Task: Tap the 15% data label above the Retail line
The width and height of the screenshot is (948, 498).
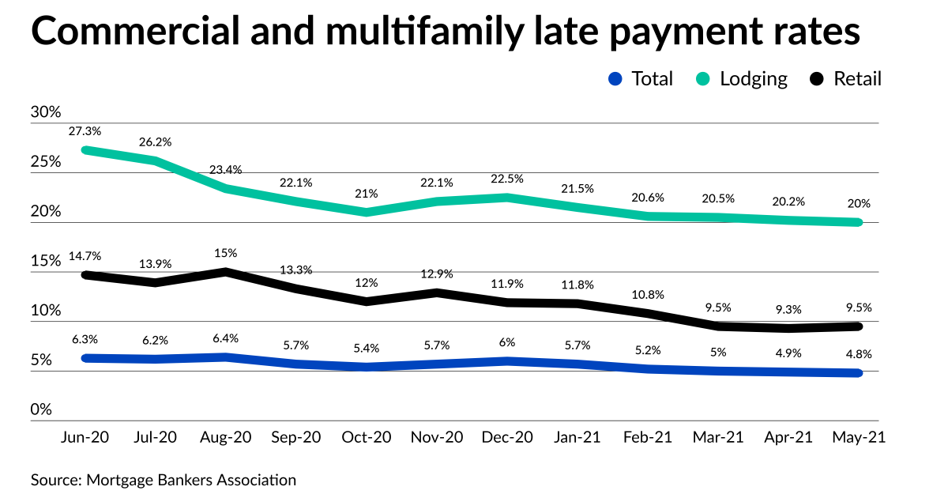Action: point(227,253)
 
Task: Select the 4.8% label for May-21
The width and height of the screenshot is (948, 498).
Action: point(858,354)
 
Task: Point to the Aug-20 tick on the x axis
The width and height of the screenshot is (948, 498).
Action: point(227,438)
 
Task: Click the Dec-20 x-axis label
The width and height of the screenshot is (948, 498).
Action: point(507,438)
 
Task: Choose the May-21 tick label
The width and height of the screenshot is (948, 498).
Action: point(858,438)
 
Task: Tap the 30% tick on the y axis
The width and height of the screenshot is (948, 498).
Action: point(46,112)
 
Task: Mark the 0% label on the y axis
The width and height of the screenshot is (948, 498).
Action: point(41,409)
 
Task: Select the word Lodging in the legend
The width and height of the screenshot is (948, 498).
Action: point(754,79)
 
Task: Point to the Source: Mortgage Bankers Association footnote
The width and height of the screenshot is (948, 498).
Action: point(164,480)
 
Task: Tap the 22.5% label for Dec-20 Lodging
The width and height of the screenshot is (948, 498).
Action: point(507,179)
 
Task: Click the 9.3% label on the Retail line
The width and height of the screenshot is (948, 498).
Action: point(788,309)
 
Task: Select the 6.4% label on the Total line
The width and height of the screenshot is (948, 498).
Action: point(227,339)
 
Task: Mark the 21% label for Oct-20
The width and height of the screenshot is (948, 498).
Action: point(367,194)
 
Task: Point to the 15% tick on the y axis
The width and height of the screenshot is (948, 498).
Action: point(46,261)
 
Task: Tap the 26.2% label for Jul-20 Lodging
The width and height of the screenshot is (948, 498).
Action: point(155,142)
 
